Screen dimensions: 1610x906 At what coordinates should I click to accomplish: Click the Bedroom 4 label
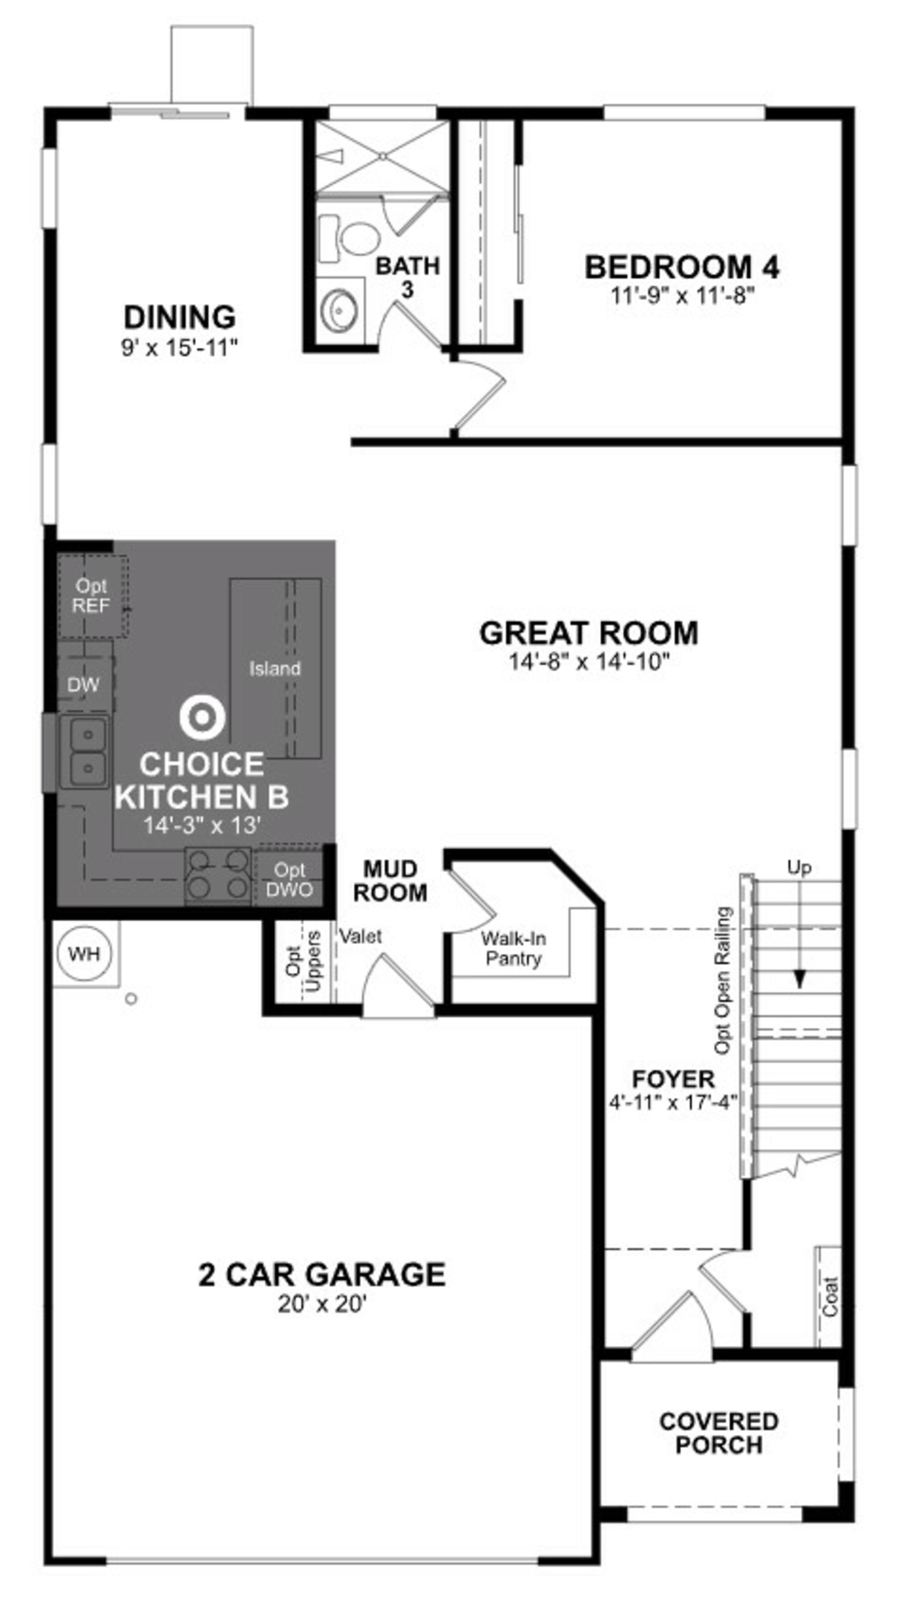coord(682,267)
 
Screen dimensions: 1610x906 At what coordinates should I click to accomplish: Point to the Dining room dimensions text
coord(180,348)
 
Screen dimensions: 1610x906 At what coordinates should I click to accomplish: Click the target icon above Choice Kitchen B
coord(202,717)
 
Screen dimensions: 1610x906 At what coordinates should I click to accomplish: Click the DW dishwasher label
coord(83,685)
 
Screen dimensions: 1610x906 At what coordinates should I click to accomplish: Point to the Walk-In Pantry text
coord(513,949)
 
